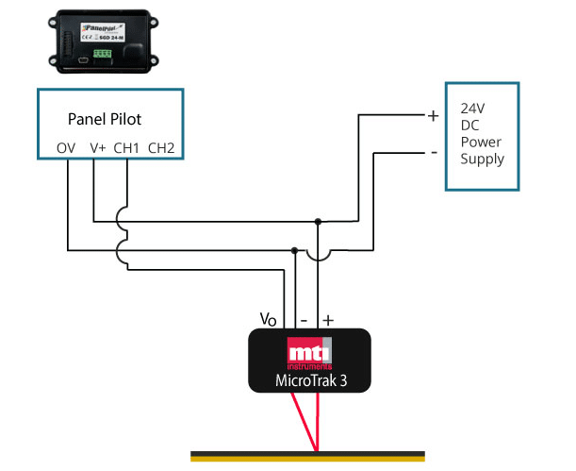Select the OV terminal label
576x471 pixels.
[66, 148]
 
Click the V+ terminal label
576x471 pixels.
[97, 148]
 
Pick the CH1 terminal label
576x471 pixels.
[127, 148]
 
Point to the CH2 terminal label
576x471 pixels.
[161, 148]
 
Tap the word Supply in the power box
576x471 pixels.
[482, 159]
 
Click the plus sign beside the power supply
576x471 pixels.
[433, 116]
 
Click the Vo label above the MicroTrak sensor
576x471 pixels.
[269, 319]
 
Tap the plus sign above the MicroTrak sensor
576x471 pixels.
[328, 320]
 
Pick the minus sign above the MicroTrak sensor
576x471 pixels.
[304, 319]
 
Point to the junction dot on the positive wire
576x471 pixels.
[318, 223]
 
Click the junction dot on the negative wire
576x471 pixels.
[295, 250]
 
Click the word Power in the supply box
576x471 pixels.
[480, 142]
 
